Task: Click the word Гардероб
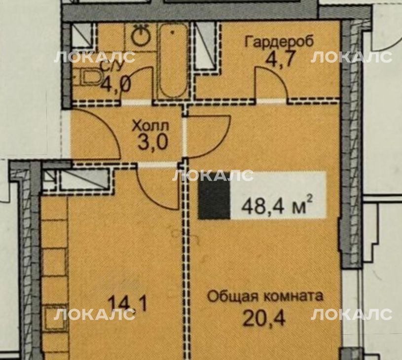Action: (280, 41)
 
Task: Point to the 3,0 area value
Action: (153, 143)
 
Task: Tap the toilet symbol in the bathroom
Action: (88, 77)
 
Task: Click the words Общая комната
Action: (265, 297)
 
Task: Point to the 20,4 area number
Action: (264, 318)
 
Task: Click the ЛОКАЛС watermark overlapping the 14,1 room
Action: (94, 315)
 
